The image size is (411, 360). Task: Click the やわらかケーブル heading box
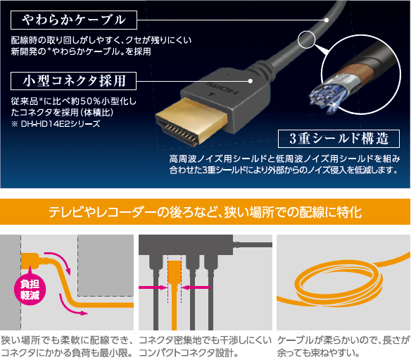coord(74,20)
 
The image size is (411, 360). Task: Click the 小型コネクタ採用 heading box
coord(73,81)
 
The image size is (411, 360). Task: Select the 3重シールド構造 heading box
coord(339,139)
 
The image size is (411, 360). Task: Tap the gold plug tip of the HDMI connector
coord(191,121)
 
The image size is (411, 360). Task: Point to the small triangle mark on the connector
coord(211,94)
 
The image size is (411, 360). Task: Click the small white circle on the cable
coord(306,39)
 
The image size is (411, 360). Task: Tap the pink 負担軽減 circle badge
coord(30,290)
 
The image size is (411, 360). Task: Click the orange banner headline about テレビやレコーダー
coord(205,212)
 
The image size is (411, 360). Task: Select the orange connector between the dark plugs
coord(175,295)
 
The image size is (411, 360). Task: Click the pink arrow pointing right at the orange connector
coord(153,287)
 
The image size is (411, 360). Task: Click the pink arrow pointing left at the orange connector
coord(196,287)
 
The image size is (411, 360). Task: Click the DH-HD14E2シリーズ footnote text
coord(56,123)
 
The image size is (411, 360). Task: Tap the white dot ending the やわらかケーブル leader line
coord(327,20)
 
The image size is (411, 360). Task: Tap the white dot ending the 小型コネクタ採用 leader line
coord(251,81)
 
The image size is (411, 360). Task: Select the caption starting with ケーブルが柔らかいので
coord(343,347)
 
